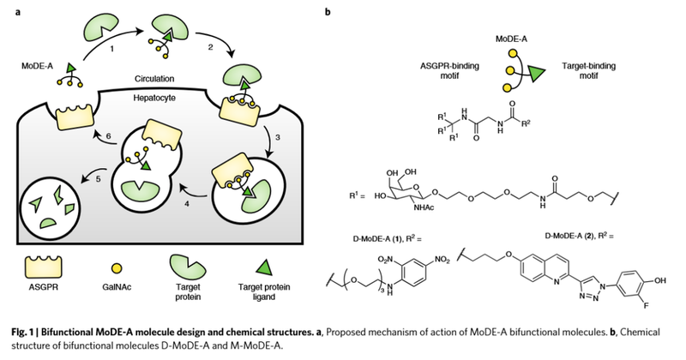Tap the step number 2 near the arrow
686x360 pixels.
coord(202,49)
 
